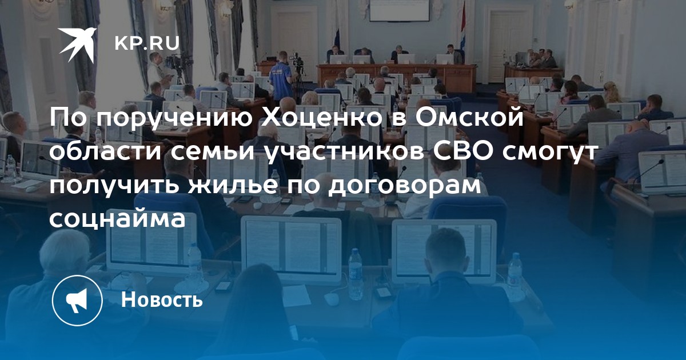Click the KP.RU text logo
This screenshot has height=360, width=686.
[147, 43]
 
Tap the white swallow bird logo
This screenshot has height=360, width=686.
[78, 45]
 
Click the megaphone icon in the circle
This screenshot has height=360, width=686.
[77, 300]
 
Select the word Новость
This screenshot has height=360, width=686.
[162, 299]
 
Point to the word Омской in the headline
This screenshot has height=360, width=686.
[469, 117]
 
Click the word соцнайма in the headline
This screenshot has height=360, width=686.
[118, 219]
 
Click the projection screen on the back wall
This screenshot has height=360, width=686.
[400, 10]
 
